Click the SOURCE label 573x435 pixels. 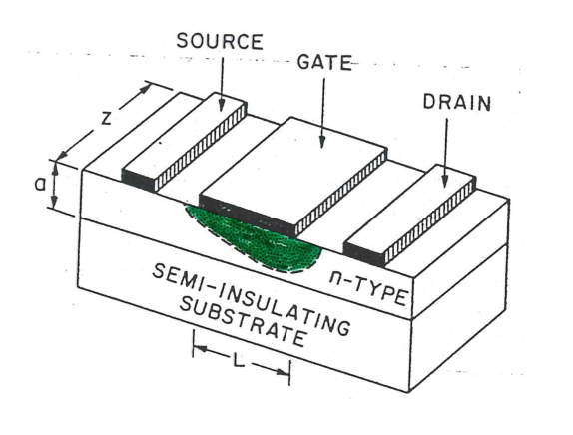tap(220, 41)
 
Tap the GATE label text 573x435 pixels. tap(324, 62)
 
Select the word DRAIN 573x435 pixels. tap(457, 103)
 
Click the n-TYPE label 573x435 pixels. tap(368, 289)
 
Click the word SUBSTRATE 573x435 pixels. tap(243, 322)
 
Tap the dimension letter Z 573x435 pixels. tap(106, 118)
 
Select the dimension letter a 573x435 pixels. tap(40, 185)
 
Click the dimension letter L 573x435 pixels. tap(238, 361)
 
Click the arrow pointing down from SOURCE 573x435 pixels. tap(222, 84)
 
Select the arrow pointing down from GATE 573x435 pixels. tap(322, 113)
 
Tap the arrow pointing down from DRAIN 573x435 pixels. tap(445, 153)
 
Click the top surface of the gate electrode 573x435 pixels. tap(294, 157)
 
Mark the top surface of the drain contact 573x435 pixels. tap(409, 209)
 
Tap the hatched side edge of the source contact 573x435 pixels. tap(201, 148)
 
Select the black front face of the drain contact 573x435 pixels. tap(364, 253)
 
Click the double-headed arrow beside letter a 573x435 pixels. tap(54, 185)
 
